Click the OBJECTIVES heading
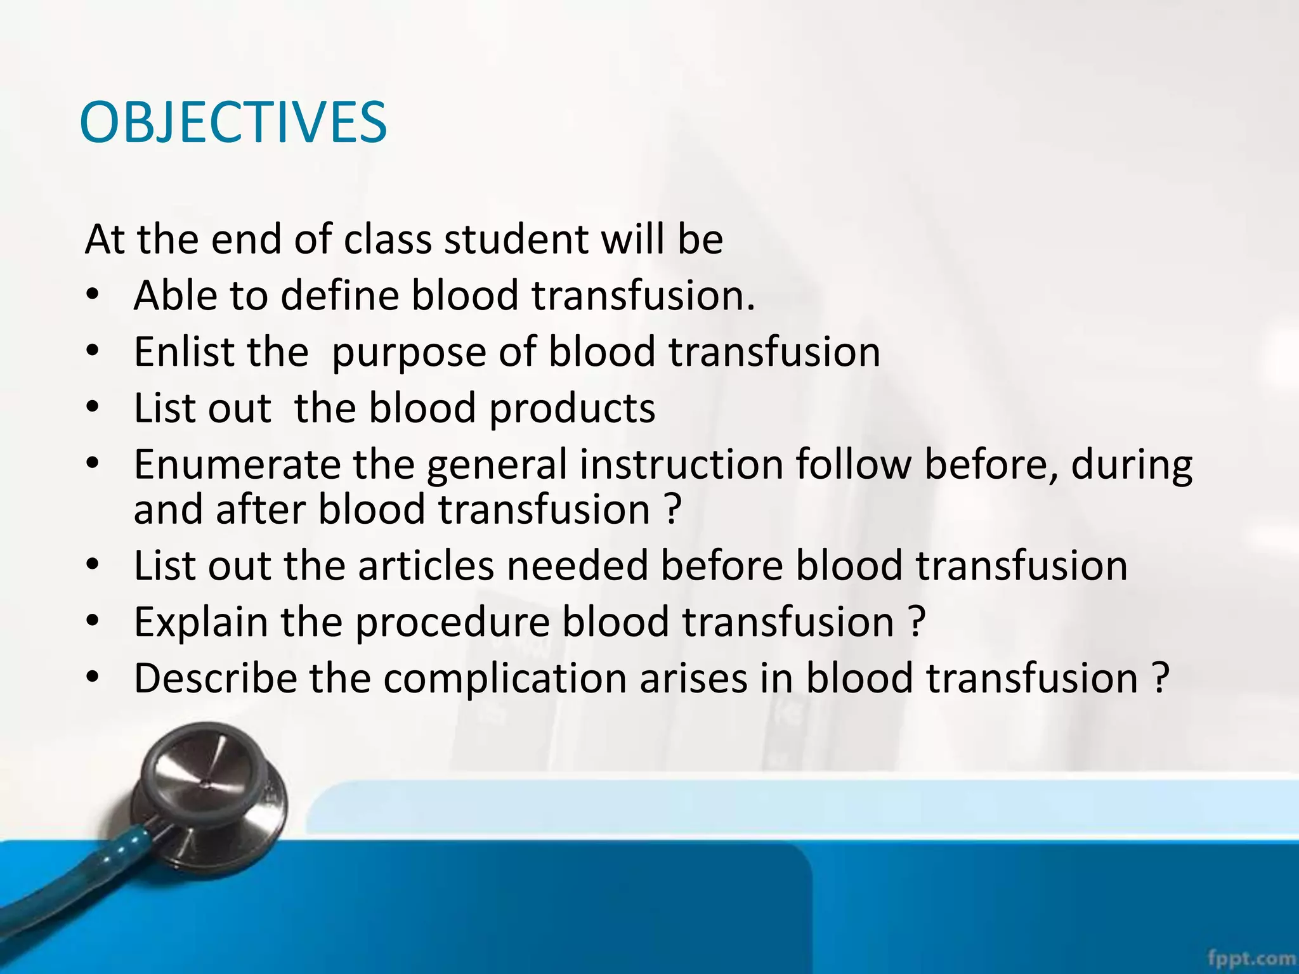point(233,122)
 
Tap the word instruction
point(682,464)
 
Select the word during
point(1132,465)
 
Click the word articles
point(426,566)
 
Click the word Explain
point(201,622)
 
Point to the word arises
point(693,678)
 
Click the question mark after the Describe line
point(1159,678)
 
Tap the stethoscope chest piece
point(206,792)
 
